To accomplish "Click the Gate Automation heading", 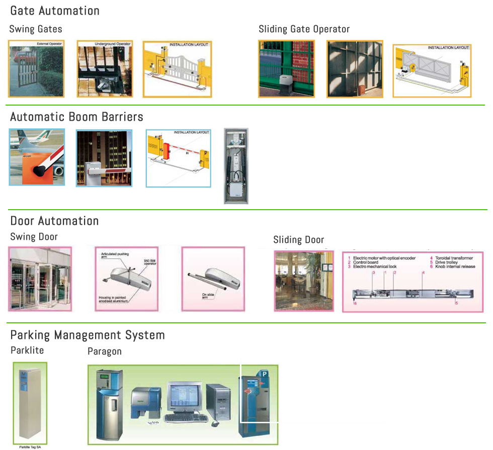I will point(55,11).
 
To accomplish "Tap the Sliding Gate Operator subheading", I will point(304,29).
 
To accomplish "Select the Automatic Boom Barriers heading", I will point(76,117).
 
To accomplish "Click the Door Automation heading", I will point(54,221).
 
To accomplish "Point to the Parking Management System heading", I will point(88,335).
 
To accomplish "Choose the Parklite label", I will point(27,350).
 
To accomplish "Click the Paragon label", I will point(105,351).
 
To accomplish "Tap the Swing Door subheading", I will point(34,236).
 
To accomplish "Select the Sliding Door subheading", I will point(298,239).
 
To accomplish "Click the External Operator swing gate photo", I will point(36,69).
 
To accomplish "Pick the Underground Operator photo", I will point(104,69).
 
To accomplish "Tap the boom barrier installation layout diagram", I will point(179,158).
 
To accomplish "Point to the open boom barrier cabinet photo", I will point(236,166).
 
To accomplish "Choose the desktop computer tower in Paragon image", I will point(218,401).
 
